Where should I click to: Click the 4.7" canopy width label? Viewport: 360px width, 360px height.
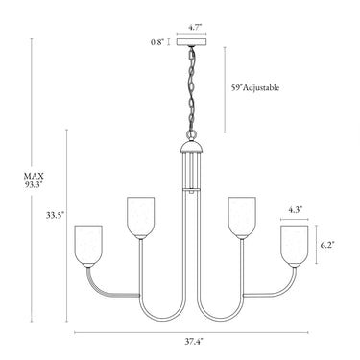coord(195,27)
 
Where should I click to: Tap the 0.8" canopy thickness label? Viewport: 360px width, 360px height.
coord(157,42)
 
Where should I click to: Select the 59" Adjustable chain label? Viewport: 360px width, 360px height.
coord(255,87)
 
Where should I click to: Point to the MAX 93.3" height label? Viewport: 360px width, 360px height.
coord(34,180)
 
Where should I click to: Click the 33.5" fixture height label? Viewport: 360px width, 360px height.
coord(55,215)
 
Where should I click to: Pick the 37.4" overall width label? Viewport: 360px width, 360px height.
coord(194,342)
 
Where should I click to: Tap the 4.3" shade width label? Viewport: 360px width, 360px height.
coord(296,210)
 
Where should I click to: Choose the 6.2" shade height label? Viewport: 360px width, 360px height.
coord(327,245)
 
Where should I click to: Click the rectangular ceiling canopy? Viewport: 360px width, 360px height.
coord(192,42)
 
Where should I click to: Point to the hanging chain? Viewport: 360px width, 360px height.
coord(191,88)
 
